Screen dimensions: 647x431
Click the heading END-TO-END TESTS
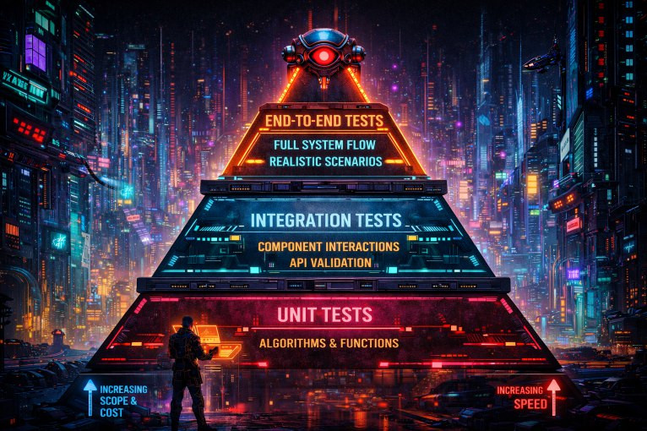(x=324, y=121)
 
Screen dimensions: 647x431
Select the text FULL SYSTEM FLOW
(x=323, y=144)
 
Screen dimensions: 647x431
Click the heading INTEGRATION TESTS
(x=325, y=221)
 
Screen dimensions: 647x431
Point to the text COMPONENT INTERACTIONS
(x=328, y=247)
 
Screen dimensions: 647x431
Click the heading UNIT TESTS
(x=324, y=315)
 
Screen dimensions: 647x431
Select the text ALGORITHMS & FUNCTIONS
(x=329, y=343)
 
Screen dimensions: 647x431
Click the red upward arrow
(x=553, y=396)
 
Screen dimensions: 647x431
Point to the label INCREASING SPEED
(x=519, y=396)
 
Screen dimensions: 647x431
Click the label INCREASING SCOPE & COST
(x=123, y=401)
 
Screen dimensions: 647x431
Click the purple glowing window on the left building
(x=35, y=52)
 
